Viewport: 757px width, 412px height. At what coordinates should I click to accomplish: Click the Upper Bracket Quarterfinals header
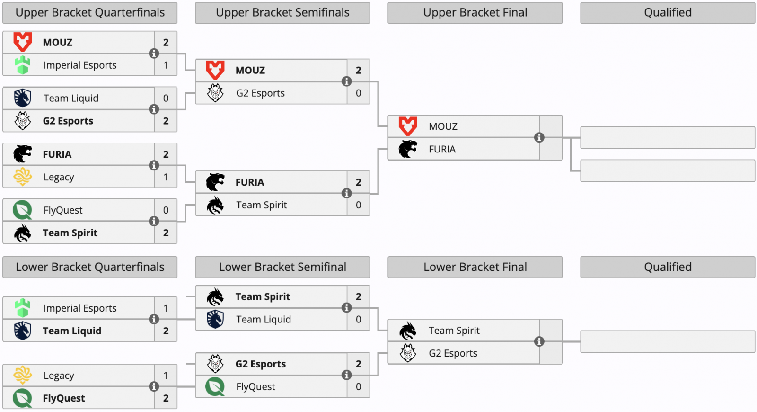pos(90,13)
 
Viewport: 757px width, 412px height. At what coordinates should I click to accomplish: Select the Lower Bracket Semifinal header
pos(282,267)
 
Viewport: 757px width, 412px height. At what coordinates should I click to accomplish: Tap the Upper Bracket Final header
pos(475,13)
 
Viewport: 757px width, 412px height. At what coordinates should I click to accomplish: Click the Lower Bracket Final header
pos(475,267)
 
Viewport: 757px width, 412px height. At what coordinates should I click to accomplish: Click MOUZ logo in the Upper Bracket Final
pos(408,126)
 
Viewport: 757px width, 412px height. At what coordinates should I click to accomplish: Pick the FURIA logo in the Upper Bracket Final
pos(408,149)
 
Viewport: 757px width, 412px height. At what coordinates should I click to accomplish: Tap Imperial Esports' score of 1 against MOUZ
pos(166,65)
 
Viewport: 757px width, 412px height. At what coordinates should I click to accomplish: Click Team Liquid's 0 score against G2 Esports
pos(166,98)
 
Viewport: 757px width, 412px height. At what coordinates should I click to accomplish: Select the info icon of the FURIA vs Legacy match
pos(154,165)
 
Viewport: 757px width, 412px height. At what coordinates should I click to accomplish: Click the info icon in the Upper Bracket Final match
pos(539,138)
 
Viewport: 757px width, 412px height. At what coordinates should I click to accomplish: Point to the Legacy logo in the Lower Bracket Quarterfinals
pos(23,375)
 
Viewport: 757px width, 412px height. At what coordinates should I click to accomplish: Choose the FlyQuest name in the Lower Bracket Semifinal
pos(255,386)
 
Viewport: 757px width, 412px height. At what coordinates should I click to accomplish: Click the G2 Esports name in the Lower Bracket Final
pos(453,353)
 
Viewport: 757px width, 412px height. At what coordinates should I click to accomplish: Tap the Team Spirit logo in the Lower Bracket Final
pos(408,331)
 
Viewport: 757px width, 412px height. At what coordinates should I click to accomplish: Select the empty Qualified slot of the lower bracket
pos(668,341)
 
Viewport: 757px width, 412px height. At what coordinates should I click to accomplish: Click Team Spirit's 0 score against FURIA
pos(358,205)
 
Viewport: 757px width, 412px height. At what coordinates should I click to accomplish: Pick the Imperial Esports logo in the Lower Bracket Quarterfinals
pos(23,308)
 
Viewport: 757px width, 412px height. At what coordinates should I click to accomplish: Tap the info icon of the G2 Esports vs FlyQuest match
pos(346,375)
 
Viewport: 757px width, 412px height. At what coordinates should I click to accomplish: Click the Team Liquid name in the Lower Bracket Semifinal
pos(263,319)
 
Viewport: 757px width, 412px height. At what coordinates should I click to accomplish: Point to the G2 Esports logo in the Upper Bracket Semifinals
pos(215,93)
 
